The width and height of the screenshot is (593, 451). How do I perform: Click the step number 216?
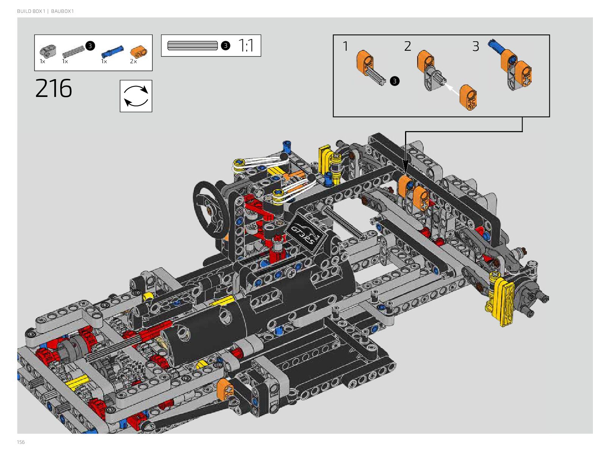(x=53, y=88)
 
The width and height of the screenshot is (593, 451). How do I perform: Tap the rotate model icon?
(x=136, y=96)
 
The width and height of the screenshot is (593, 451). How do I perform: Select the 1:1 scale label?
(x=246, y=45)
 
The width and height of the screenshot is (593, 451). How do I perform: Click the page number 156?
(x=21, y=442)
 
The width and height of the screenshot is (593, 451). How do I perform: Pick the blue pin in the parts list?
(x=113, y=52)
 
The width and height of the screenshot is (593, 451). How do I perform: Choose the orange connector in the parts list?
(x=139, y=52)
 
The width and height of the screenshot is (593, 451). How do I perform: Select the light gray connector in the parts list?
(x=47, y=51)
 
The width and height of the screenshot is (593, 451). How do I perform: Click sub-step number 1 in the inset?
(x=345, y=46)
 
